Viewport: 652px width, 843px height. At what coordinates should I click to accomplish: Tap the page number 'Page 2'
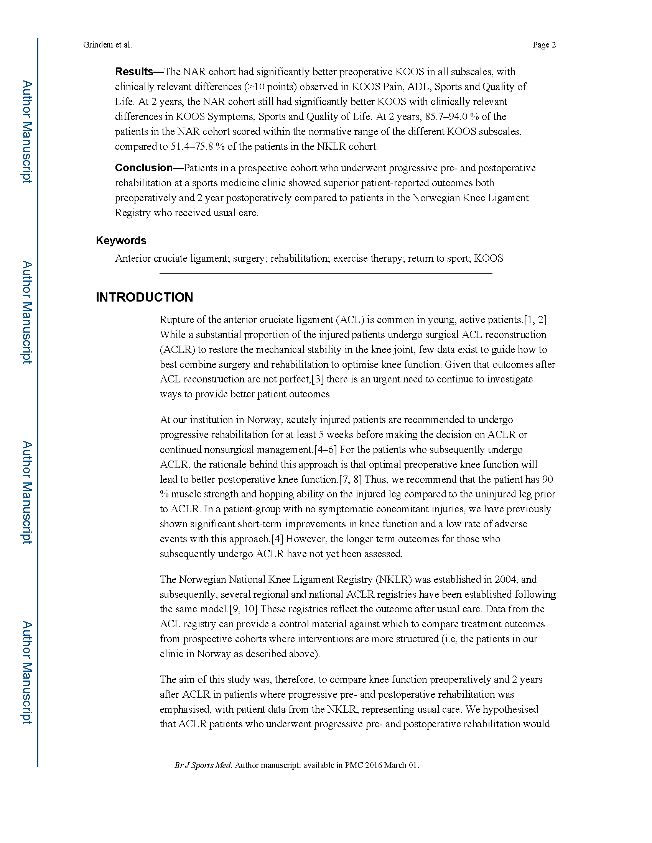tap(544, 45)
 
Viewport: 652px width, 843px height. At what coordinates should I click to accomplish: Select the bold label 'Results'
tap(134, 71)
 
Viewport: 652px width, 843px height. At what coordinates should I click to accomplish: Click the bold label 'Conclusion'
tap(144, 167)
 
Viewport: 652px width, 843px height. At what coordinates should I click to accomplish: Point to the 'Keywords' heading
tap(121, 241)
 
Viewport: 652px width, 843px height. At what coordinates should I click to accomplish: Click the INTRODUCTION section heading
tap(145, 297)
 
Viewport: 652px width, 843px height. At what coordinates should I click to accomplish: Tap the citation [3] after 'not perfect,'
tap(318, 379)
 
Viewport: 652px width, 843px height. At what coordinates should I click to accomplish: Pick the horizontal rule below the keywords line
tap(326, 273)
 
